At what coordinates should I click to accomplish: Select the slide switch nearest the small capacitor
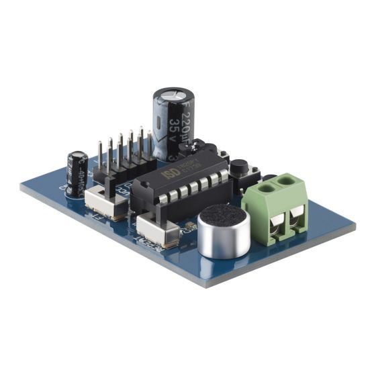pyautogui.click(x=106, y=200)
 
